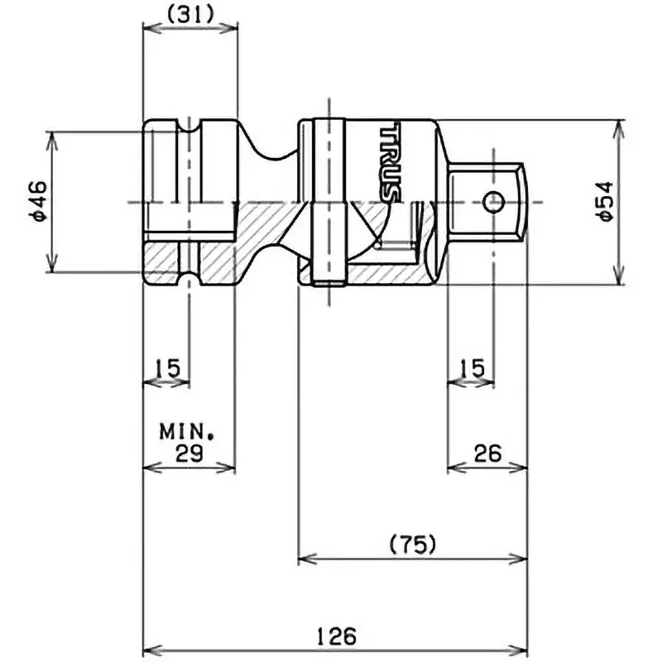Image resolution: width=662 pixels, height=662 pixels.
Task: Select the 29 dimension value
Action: coord(190,453)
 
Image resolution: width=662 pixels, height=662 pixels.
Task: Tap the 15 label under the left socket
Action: coord(167,367)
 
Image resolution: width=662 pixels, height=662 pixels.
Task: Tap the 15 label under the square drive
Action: coord(473,367)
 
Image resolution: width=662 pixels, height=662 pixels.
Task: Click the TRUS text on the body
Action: coord(391,163)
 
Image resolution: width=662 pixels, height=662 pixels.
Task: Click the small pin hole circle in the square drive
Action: coord(494,201)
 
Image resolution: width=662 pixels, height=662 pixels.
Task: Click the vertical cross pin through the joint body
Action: coord(330,202)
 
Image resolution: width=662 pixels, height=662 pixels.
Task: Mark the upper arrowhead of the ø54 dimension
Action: coord(616,127)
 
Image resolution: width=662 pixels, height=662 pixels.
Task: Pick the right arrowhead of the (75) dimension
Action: coord(520,558)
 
